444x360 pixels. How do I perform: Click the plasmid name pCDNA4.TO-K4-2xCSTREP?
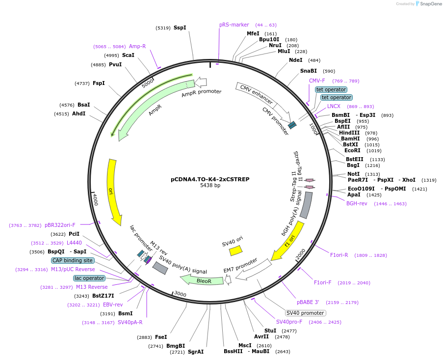coord(210,179)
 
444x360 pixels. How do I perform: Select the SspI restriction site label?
coord(180,28)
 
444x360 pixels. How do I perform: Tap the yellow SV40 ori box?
coord(235,250)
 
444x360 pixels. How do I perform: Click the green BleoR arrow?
coord(201,279)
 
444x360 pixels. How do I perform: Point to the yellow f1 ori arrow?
coord(289,241)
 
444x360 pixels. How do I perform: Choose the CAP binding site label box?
coord(72,260)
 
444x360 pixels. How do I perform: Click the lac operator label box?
coord(89,278)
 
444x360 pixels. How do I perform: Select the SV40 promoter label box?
coord(305,313)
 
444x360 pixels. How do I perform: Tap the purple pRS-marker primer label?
coord(234,25)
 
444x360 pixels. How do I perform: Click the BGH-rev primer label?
coord(357,203)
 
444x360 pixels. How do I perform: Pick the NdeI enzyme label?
coord(295,60)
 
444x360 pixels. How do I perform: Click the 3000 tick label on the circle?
coord(180,294)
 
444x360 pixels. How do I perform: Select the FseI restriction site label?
coord(161,337)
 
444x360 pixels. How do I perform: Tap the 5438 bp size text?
coord(210,186)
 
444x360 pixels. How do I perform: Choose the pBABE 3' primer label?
coord(308,302)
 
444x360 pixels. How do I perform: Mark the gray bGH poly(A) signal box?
coord(306,205)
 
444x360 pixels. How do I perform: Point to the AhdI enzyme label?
coord(78,114)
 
